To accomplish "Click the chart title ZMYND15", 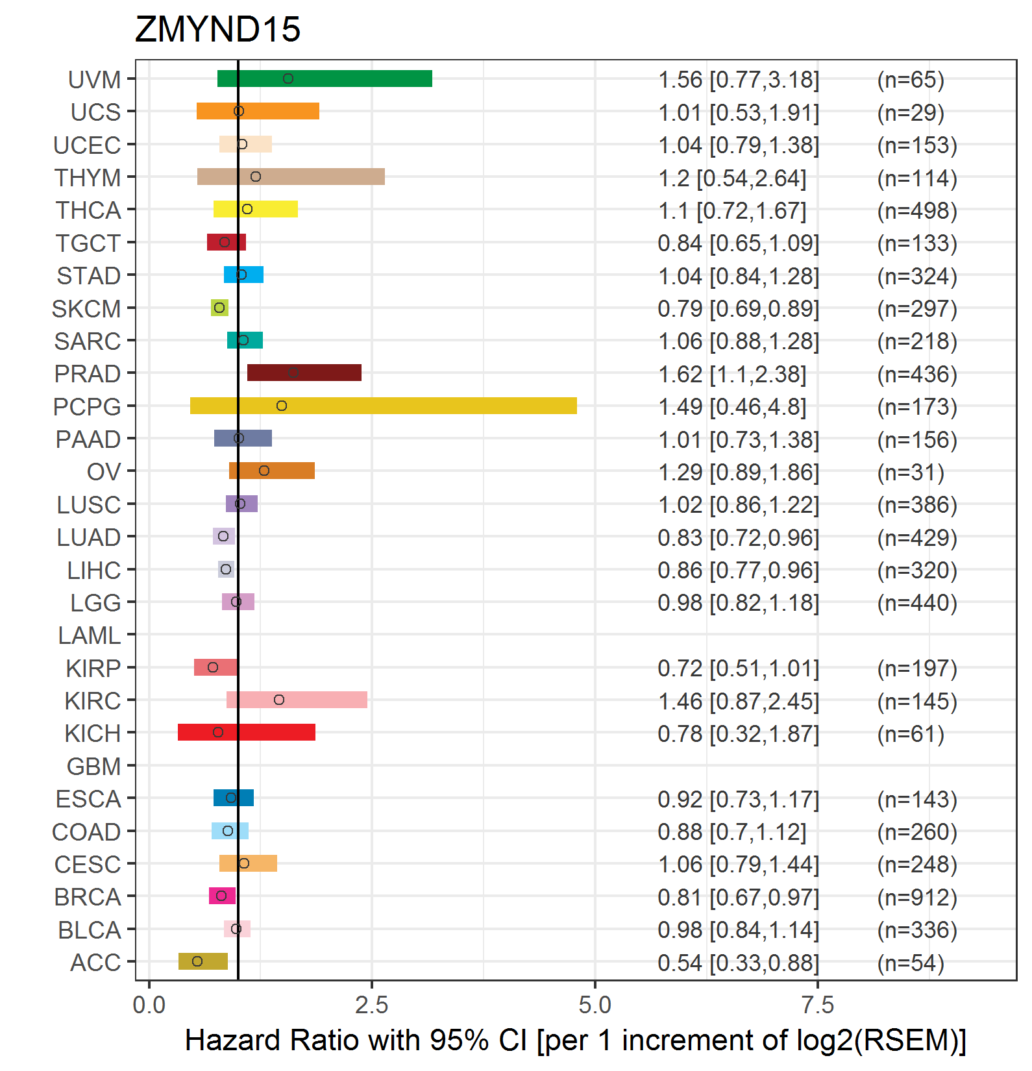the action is [217, 29].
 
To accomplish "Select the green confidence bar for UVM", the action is [325, 79].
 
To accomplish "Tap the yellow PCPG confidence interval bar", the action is [384, 406].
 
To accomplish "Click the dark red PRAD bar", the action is [304, 373].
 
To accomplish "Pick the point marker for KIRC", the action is [279, 700].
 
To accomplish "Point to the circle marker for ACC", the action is [197, 961].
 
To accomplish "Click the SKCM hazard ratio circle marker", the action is [219, 308].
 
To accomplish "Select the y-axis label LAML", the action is [90, 635].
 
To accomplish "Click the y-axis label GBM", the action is [94, 767].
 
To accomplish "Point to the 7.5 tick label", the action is [818, 1005].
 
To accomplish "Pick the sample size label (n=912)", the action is [917, 898].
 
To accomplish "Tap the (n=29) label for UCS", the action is [911, 113].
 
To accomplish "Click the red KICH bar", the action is [247, 732].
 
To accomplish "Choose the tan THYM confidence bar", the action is [291, 177].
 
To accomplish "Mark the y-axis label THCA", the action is [88, 210].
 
